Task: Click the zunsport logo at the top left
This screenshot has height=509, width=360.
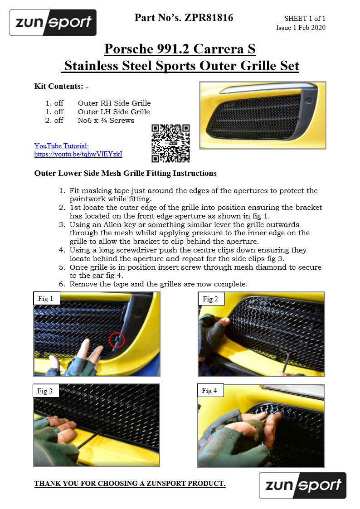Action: [53, 23]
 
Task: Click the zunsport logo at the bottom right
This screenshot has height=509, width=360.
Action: [302, 485]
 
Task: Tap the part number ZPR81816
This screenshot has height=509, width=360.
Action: [209, 18]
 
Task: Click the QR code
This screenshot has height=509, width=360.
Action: [170, 143]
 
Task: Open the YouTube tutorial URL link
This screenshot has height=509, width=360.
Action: [78, 154]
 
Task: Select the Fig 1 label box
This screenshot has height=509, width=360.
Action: [46, 299]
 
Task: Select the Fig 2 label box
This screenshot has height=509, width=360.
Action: [211, 299]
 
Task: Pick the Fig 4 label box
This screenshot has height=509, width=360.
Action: [210, 390]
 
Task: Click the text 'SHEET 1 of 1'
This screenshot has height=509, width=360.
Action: [305, 19]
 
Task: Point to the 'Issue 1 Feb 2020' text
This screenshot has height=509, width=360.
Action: [301, 28]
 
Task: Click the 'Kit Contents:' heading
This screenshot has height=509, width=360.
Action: [58, 86]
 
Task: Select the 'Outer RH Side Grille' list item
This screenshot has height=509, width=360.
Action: [114, 103]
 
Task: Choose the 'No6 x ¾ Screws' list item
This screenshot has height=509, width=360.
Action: [106, 121]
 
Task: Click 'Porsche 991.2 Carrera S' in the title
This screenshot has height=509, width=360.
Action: [180, 48]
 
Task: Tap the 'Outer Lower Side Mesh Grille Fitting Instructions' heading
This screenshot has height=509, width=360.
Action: [125, 173]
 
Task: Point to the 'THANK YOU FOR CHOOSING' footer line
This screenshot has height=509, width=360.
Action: [130, 484]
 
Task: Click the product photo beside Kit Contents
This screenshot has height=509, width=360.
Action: [263, 115]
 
